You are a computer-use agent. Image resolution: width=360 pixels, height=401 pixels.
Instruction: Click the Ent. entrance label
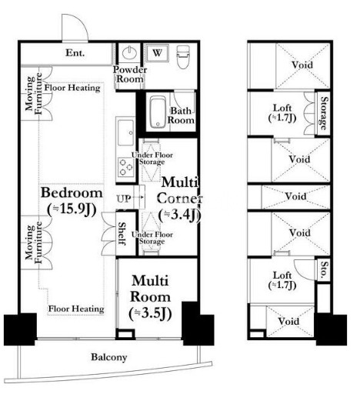click(x=75, y=53)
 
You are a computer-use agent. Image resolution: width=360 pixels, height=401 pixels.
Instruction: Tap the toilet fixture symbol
click(x=183, y=57)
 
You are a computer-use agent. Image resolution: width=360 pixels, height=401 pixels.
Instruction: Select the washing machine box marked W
click(x=157, y=53)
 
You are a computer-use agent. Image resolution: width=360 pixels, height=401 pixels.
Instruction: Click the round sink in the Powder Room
click(x=129, y=52)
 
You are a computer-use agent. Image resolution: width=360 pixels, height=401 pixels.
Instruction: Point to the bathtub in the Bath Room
click(x=157, y=112)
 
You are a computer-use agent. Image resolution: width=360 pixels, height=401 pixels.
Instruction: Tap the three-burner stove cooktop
click(x=125, y=167)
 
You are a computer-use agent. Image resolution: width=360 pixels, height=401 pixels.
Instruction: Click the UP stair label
click(x=124, y=199)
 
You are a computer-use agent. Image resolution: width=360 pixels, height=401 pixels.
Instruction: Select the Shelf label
click(x=122, y=233)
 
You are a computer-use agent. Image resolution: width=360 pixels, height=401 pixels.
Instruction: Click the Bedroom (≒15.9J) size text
click(x=72, y=202)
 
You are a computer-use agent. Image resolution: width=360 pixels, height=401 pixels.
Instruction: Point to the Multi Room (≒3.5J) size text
click(x=150, y=297)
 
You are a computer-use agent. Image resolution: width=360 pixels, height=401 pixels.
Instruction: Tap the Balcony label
click(x=109, y=357)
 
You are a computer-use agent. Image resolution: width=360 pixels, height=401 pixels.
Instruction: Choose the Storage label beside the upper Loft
click(x=324, y=113)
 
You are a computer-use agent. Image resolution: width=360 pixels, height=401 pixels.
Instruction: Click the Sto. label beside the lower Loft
click(x=324, y=269)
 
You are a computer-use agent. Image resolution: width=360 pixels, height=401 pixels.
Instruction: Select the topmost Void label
click(x=302, y=65)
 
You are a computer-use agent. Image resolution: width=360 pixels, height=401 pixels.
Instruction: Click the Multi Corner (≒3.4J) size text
click(x=180, y=199)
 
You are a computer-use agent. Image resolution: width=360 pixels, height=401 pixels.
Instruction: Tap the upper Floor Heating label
click(x=72, y=88)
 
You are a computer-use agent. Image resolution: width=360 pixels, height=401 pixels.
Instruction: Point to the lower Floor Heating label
click(x=76, y=309)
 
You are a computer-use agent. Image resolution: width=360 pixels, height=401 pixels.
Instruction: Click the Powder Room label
click(x=130, y=74)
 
